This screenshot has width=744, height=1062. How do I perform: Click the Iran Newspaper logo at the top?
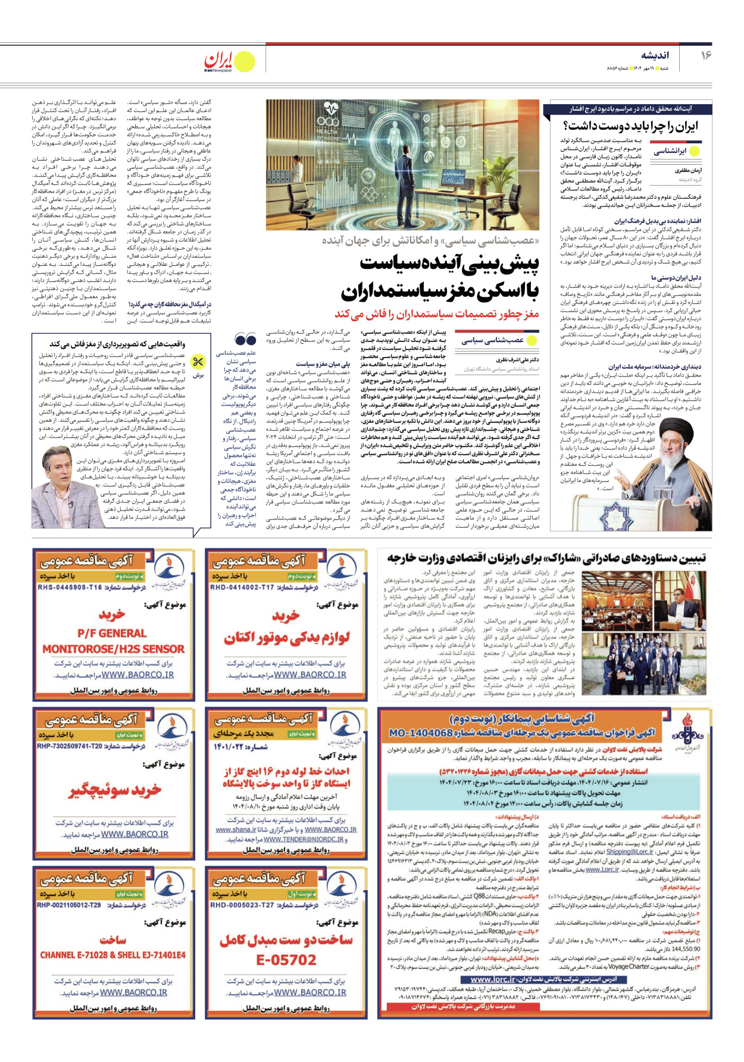point(229,61)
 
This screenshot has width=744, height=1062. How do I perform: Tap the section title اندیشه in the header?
point(655,55)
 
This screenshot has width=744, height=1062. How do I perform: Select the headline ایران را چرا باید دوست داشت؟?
point(630,126)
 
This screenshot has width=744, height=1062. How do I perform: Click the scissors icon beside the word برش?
point(198,361)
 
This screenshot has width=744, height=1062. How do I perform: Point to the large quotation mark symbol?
point(245,339)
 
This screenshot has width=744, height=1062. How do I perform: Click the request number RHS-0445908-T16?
point(70,587)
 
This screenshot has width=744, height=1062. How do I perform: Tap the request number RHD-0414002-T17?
point(242,587)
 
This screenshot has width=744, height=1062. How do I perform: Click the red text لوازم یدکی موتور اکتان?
point(286,638)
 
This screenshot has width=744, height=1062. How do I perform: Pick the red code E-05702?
point(286,960)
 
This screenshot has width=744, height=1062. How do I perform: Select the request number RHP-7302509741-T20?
point(70,746)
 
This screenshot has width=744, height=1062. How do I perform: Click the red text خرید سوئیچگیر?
point(115,790)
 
